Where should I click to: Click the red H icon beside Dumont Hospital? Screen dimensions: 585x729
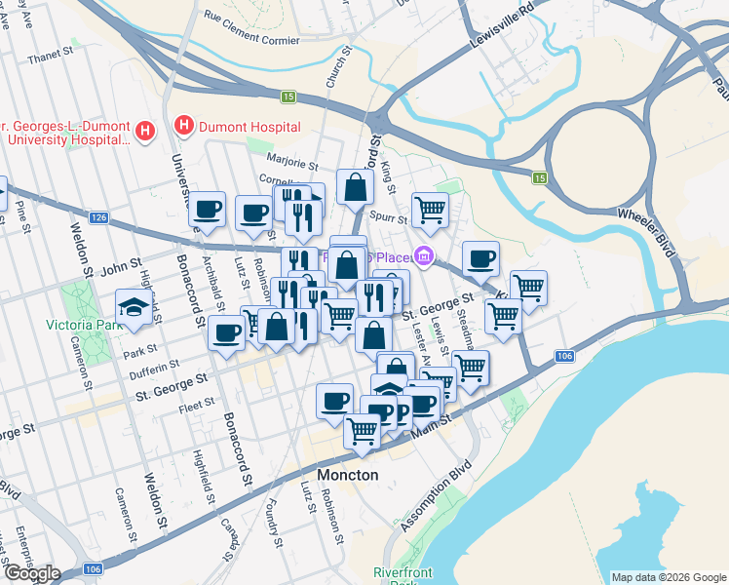pyautogui.click(x=182, y=126)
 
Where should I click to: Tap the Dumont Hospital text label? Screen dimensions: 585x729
pyautogui.click(x=248, y=127)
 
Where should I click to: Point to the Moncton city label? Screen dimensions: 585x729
pyautogui.click(x=348, y=475)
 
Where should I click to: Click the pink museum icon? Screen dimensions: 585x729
pyautogui.click(x=423, y=256)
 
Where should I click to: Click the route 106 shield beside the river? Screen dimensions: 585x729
pyautogui.click(x=564, y=358)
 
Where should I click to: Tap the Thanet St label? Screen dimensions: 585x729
pyautogui.click(x=45, y=58)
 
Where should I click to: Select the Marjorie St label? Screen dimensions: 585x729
pyautogui.click(x=294, y=166)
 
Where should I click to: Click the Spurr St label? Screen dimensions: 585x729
pyautogui.click(x=388, y=220)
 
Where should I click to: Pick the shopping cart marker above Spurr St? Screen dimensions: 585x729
pyautogui.click(x=430, y=208)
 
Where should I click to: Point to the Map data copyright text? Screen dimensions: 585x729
pyautogui.click(x=668, y=577)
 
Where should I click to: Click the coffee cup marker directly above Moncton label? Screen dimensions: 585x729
pyautogui.click(x=334, y=401)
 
